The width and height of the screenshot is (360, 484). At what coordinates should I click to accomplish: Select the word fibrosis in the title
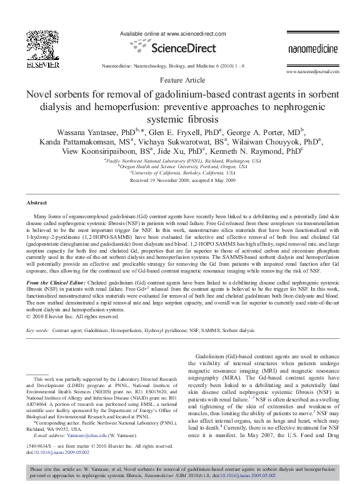pos(216,118)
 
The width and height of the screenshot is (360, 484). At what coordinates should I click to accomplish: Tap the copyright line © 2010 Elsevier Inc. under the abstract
pos(73,316)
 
